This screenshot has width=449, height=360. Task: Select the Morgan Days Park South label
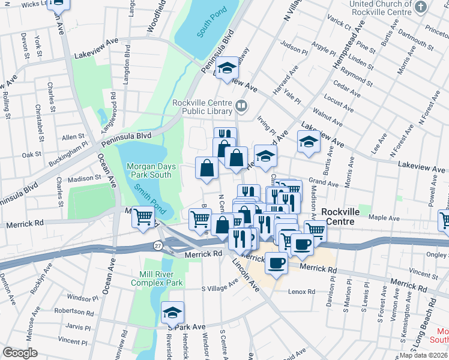click(x=148, y=170)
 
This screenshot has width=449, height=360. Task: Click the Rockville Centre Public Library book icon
click(x=241, y=107)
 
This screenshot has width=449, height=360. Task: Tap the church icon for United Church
click(x=421, y=7)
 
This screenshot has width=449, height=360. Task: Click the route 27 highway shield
click(x=157, y=245)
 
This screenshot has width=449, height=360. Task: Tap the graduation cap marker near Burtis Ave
click(x=309, y=142)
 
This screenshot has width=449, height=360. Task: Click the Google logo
click(x=20, y=353)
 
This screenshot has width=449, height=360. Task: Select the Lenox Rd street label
click(x=301, y=292)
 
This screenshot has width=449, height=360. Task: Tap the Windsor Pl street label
click(x=78, y=298)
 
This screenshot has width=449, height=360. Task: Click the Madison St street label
click(x=84, y=178)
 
